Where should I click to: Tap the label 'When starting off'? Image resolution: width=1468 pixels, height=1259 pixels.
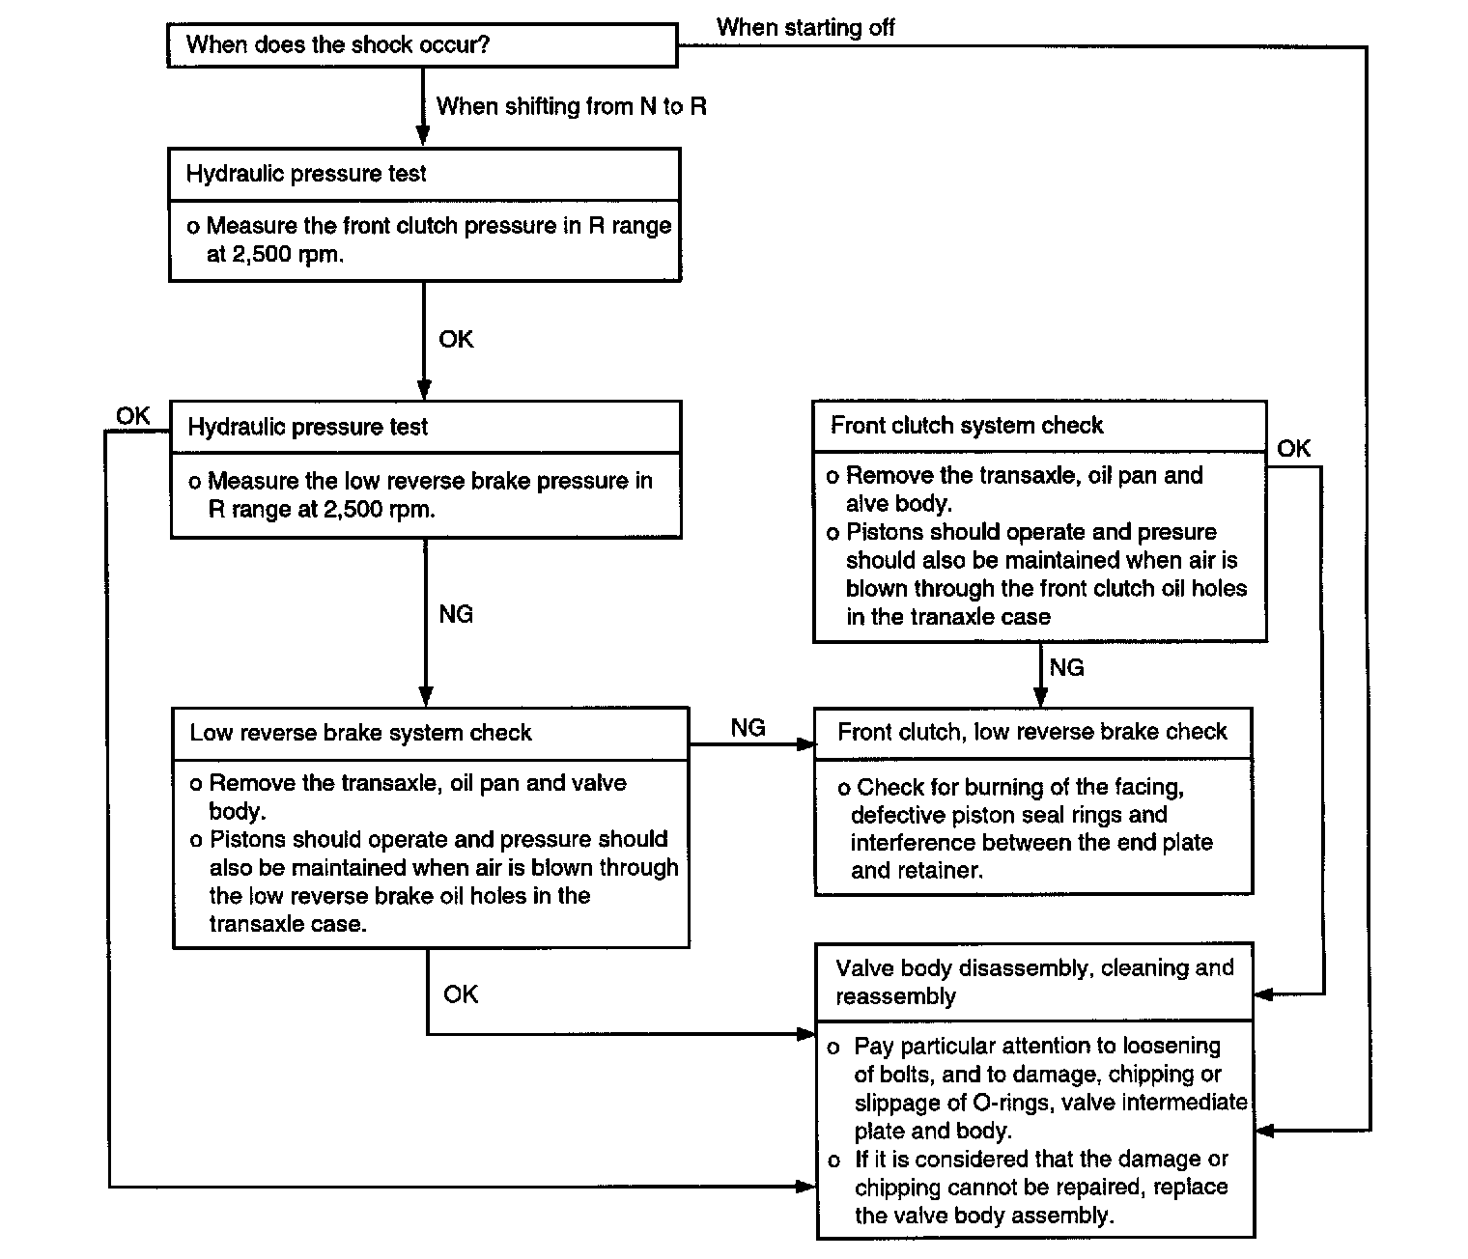[x=805, y=28]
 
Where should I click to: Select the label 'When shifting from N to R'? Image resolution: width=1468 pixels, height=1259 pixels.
[x=571, y=106]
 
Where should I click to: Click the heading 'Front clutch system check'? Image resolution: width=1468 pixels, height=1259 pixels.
[x=967, y=426]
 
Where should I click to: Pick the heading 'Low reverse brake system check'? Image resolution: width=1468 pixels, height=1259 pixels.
[x=360, y=733]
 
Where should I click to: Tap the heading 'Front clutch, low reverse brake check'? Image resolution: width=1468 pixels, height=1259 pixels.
[x=1031, y=732]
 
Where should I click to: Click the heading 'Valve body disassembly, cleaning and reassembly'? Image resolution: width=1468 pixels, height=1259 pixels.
[x=1034, y=982]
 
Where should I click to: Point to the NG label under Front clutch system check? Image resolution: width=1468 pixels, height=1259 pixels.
[x=1067, y=667]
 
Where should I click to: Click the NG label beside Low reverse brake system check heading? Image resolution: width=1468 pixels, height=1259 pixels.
[x=748, y=727]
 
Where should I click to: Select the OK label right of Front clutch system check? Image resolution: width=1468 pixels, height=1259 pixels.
[x=1293, y=448]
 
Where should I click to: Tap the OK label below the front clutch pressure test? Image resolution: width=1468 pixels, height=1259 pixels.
[x=456, y=339]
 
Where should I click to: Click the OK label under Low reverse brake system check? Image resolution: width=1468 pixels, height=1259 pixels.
[x=461, y=994]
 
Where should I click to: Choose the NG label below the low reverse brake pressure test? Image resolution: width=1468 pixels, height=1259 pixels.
[x=456, y=613]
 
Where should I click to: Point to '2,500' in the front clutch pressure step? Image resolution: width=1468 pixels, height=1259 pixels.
[x=262, y=254]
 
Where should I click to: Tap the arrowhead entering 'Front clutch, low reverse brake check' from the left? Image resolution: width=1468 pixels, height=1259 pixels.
[x=806, y=744]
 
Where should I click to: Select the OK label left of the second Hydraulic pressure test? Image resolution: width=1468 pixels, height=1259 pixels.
[x=133, y=415]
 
